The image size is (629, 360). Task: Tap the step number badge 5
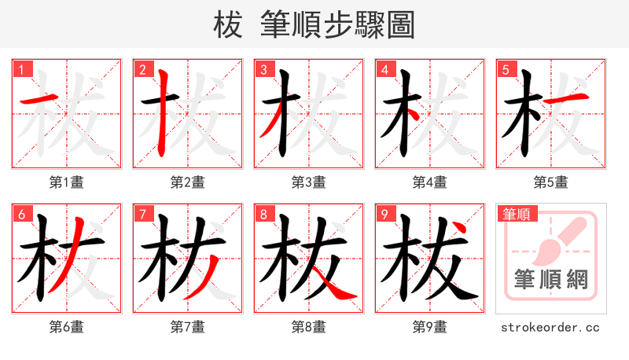[506, 69]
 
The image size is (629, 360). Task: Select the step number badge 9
[384, 214]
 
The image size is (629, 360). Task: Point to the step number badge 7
[142, 214]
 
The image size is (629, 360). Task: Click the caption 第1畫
[66, 182]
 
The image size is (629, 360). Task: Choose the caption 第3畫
[308, 182]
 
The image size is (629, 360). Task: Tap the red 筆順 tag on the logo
[515, 214]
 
